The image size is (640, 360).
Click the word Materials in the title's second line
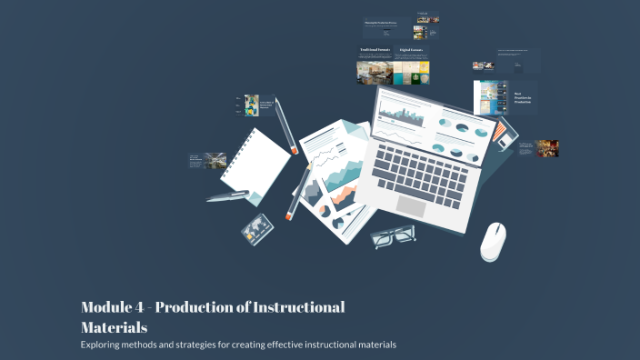click(x=114, y=326)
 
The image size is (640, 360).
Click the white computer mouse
click(x=494, y=241)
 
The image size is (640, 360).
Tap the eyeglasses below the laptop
click(x=394, y=236)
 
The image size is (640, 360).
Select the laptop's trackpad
click(x=411, y=205)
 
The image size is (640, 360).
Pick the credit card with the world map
click(x=257, y=226)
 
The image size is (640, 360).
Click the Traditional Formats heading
click(x=375, y=51)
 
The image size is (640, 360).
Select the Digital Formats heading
click(x=411, y=51)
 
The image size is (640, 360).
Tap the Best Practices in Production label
click(x=523, y=97)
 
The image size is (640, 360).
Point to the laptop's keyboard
click(x=424, y=169)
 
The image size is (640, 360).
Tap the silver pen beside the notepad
click(x=227, y=195)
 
